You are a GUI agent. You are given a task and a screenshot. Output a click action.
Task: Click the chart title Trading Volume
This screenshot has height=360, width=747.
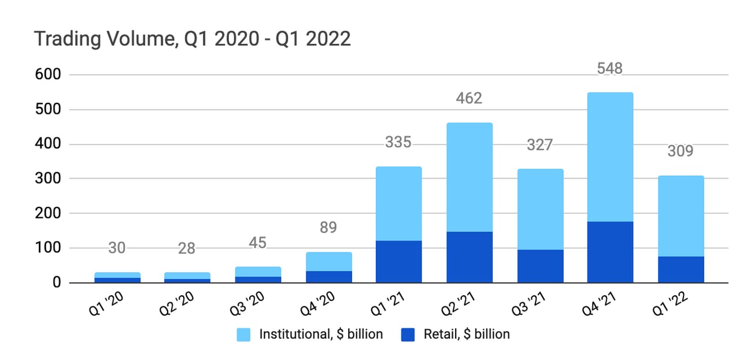[x=192, y=39]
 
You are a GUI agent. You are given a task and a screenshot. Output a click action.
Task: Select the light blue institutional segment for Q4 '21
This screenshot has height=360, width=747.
[x=609, y=157]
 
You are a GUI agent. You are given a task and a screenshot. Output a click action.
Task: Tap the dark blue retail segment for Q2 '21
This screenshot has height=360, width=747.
[x=469, y=257]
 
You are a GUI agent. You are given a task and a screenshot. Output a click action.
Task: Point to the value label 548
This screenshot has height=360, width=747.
[x=609, y=69]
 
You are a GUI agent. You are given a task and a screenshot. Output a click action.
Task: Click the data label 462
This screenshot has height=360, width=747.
[x=469, y=99]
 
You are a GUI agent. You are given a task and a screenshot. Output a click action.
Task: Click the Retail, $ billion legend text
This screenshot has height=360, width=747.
[x=467, y=334]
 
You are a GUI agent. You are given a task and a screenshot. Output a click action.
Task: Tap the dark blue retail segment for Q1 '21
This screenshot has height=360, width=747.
[x=398, y=261]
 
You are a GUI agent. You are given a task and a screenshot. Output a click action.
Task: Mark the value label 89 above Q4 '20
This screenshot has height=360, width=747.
[x=328, y=228]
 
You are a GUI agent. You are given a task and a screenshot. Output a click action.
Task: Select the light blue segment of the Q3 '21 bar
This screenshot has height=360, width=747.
[x=539, y=209]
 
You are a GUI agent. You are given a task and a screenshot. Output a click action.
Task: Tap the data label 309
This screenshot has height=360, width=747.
[x=680, y=151]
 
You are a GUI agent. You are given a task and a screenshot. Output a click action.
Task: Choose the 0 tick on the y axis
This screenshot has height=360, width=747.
[x=57, y=283]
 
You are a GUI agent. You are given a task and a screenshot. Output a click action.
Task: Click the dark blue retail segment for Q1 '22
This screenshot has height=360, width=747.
[x=680, y=269]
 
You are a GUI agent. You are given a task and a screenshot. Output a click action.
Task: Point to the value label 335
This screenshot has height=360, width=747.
[x=398, y=142]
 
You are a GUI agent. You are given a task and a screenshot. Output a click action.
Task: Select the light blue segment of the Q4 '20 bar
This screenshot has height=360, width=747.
[x=328, y=261]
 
